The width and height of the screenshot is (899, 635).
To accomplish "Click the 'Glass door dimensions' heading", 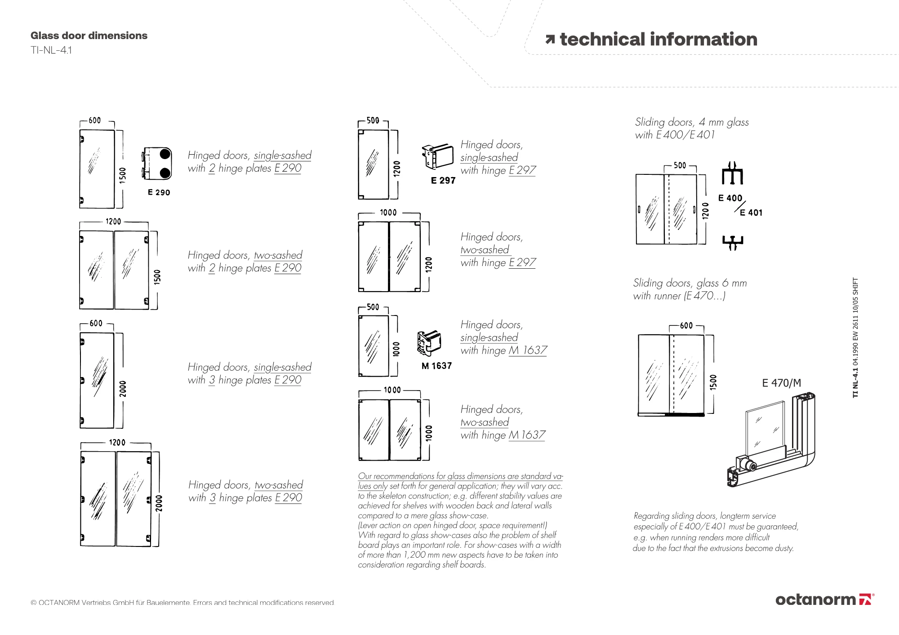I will (89, 36).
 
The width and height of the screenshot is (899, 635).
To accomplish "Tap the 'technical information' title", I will (658, 40).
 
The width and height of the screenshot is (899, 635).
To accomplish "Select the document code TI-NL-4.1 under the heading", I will (51, 50).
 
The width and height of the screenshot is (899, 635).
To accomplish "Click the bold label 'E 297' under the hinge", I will (443, 181).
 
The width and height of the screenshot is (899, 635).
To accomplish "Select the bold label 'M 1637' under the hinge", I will (436, 366).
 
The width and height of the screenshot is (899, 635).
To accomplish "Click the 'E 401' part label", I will (751, 213).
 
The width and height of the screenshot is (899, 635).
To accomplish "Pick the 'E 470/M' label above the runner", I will (781, 383).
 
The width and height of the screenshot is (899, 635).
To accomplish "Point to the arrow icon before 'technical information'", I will (550, 40).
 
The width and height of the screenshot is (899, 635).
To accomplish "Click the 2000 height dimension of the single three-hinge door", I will (123, 389).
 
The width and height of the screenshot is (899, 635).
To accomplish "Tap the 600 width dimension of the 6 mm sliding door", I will (686, 325).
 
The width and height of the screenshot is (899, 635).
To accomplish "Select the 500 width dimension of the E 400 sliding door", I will (680, 165).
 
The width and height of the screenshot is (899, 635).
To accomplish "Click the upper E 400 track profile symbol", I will (732, 174).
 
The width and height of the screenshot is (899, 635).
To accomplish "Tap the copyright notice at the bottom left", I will (182, 603).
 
